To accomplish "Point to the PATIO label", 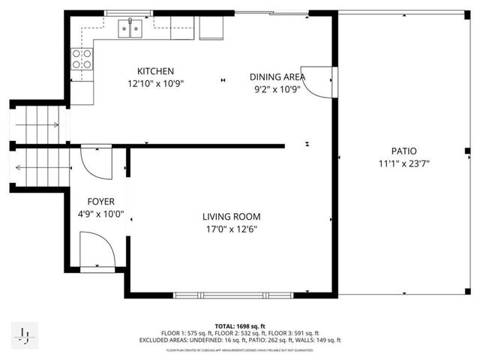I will (x=403, y=151).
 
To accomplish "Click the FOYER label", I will (x=100, y=201).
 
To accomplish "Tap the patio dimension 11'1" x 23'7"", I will (x=403, y=163).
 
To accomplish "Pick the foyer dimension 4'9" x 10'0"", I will (x=100, y=214).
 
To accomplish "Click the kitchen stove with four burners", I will (x=81, y=59).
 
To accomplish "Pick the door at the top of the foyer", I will (x=96, y=161).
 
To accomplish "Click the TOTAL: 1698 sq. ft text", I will (x=240, y=327).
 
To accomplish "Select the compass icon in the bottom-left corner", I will (x=25, y=335).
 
